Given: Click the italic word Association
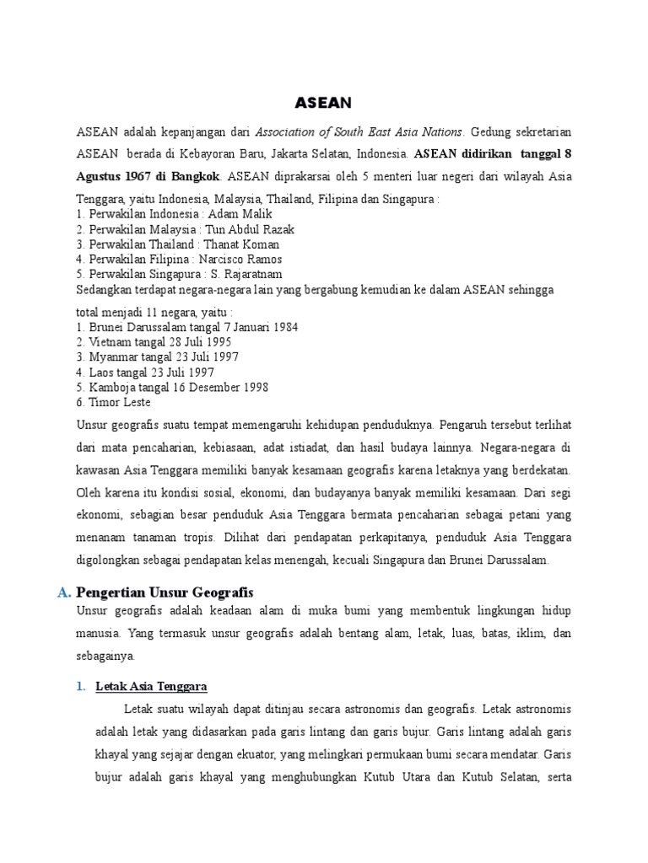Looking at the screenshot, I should point(286,132).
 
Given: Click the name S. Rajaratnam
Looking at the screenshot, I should point(246,275).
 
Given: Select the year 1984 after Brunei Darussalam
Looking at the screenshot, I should point(283,326).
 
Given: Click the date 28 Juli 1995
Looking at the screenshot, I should point(196,341).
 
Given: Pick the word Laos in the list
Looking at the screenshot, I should point(100,372).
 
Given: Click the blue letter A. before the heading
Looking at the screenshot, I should point(64,593).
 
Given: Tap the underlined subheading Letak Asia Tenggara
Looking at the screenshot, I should point(152,686).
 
